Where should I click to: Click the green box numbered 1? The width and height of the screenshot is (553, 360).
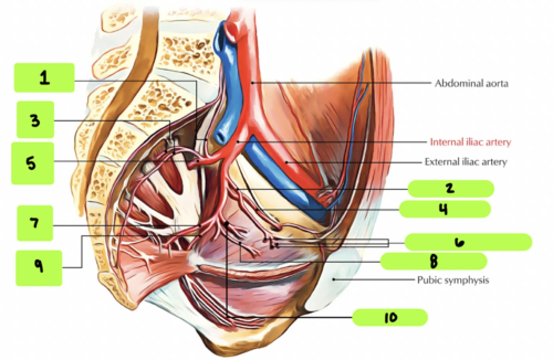[44, 78]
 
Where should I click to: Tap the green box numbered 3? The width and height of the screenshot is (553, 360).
[35, 119]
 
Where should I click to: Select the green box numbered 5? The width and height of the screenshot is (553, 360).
[33, 163]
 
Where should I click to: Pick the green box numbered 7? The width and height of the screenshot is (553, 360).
[35, 223]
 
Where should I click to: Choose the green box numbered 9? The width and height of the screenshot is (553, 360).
[39, 268]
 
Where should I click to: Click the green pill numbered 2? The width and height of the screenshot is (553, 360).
[451, 189]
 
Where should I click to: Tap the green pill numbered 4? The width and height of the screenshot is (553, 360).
[445, 209]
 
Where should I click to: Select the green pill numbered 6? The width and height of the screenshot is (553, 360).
[468, 242]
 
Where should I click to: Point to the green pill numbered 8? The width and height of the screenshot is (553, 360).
[434, 261]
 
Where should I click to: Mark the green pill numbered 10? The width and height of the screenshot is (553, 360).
[390, 317]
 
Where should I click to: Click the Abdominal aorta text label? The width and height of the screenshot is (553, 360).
[472, 83]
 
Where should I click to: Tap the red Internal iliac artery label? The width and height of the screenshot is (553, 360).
[470, 142]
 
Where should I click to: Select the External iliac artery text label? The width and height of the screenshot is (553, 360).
[465, 162]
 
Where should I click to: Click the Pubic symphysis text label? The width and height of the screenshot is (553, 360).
[453, 280]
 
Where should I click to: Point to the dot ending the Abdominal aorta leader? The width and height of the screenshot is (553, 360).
[252, 83]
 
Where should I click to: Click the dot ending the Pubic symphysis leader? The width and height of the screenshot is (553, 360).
[333, 279]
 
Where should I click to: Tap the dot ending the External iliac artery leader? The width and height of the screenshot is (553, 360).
[286, 162]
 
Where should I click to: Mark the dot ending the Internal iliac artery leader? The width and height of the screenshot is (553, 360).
[238, 142]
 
